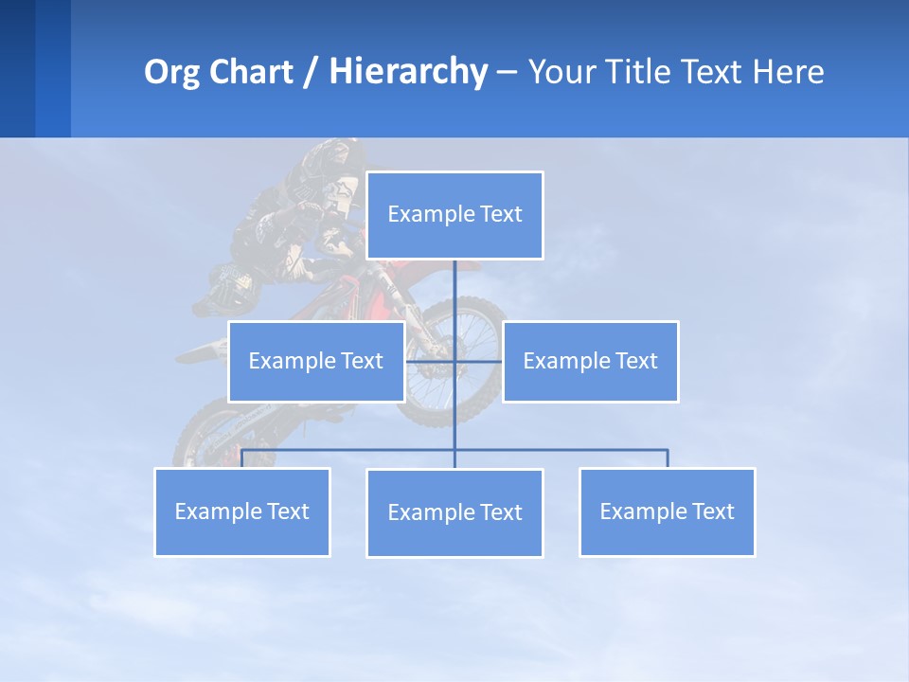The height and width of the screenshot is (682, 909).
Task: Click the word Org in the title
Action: pos(171,72)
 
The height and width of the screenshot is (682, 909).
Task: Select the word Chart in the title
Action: pos(247,72)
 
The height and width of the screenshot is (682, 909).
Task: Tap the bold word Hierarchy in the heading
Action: pos(407,72)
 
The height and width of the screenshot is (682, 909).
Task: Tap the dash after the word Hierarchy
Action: pos(507,73)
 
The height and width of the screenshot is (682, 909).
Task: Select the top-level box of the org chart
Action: pos(454,215)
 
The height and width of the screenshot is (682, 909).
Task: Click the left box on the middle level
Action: pos(316,361)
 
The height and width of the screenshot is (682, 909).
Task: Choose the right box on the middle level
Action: pos(590,361)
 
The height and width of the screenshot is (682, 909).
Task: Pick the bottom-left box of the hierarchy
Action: pos(242,511)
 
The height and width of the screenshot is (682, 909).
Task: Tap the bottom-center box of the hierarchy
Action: pos(454,512)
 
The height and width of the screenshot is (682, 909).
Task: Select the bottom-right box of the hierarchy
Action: pos(667,511)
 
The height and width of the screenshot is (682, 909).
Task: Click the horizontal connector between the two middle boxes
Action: pos(478,361)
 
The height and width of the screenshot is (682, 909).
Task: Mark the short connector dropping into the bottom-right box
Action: pos(667,458)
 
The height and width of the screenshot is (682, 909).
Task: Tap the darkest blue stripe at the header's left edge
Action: pos(17,68)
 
